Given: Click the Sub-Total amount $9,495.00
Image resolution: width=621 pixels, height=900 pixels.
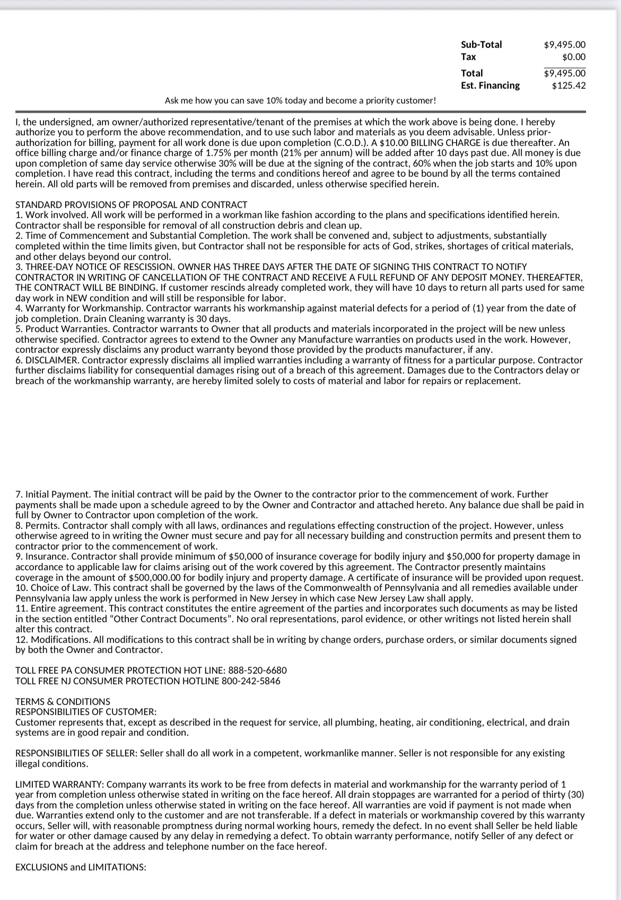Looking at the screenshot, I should [x=565, y=45].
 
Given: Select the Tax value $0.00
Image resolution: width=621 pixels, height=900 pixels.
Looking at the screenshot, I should [x=574, y=57].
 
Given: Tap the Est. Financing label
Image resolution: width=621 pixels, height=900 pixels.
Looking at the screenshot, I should [x=490, y=85].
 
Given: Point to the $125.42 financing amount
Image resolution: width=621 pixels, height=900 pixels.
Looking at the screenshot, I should [x=568, y=85].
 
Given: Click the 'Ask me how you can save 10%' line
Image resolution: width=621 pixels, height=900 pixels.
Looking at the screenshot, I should [x=300, y=100].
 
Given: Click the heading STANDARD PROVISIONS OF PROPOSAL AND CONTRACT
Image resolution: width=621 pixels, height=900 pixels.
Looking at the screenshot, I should [x=131, y=205].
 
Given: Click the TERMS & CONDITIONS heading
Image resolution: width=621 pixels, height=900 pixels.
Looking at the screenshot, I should [x=63, y=702].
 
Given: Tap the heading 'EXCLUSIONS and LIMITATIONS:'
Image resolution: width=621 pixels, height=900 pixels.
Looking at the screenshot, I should [x=81, y=867].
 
